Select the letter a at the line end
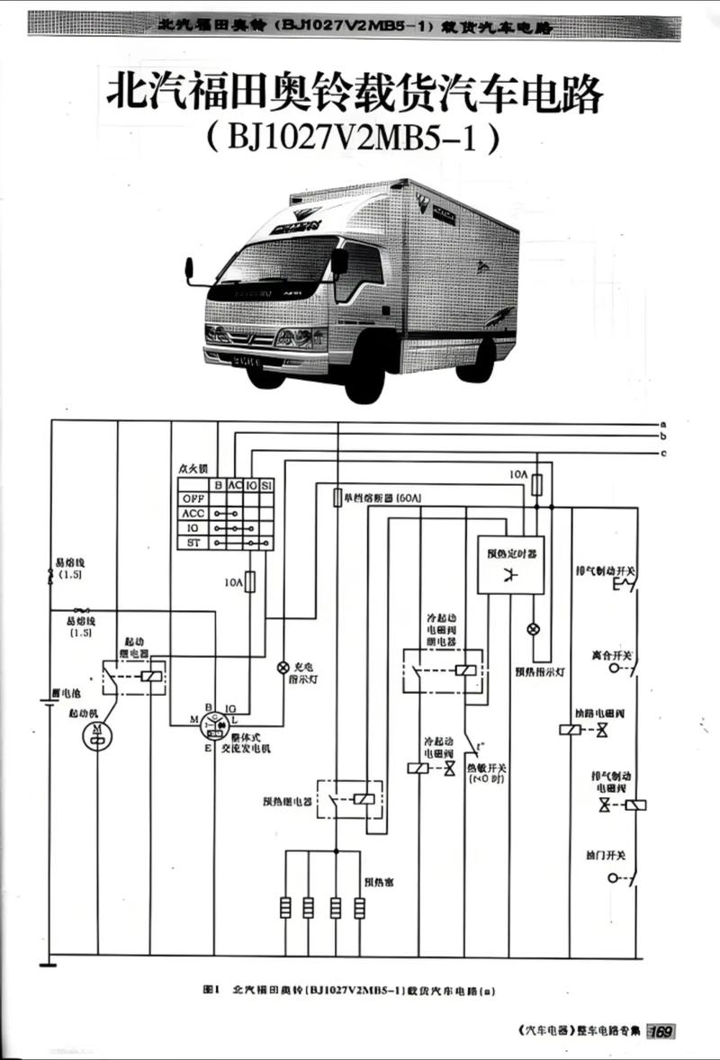663,423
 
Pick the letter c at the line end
663,452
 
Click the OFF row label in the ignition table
193,499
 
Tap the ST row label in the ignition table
193,543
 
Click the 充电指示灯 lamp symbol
283,667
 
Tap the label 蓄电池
67,693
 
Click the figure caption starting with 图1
350,990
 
